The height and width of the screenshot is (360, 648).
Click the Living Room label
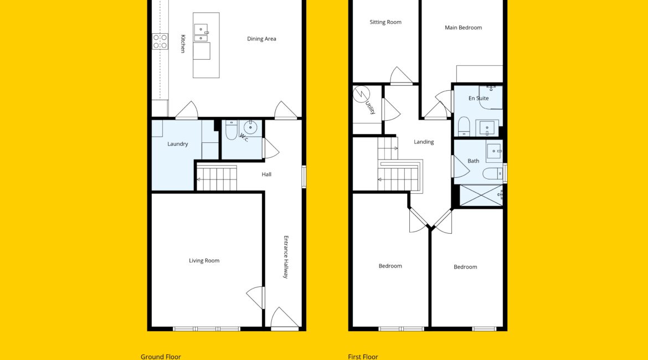pos(204,260)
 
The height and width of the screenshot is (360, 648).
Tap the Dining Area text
pos(261,39)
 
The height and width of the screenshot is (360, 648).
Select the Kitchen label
pos(183,44)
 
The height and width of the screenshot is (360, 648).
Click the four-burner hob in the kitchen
pos(160,42)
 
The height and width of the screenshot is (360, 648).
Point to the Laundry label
pos(178,144)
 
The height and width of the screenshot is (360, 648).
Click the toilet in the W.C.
pos(231,130)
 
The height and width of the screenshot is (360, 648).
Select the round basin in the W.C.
pos(250,127)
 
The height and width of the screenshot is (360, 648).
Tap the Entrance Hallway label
pos(286,257)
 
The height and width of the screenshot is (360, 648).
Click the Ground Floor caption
pos(161,357)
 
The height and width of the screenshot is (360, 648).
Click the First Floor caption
pos(363,357)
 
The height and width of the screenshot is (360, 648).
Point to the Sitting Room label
pos(385,22)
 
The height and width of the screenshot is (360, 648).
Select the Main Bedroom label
pos(463,28)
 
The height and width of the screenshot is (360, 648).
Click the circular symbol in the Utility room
pos(361,94)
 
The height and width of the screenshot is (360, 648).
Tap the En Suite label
pos(479,99)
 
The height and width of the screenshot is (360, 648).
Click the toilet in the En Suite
pos(464,126)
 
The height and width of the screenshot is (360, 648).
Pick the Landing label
pos(424,142)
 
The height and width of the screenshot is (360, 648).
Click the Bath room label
pos(474,161)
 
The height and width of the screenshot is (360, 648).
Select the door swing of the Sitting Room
pos(402,75)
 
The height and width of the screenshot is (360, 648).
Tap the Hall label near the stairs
pos(266,174)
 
